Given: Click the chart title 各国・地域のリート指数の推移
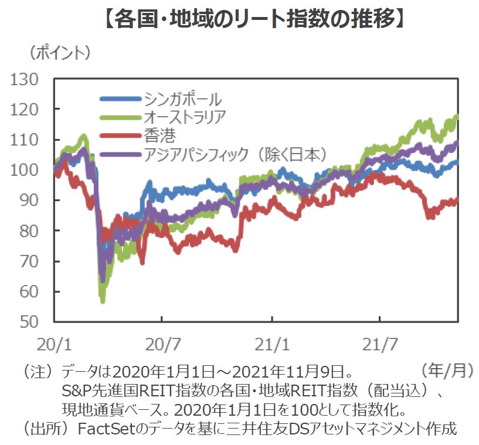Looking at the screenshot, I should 239,19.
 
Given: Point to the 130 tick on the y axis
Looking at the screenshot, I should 26,79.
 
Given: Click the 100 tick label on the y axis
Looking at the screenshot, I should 26,170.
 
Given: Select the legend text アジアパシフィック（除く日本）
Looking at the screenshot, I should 235,155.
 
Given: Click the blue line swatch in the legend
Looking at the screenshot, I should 120,98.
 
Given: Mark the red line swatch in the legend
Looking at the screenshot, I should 120,136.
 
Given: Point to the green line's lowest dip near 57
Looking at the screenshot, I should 103,301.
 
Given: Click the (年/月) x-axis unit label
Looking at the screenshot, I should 446,370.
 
